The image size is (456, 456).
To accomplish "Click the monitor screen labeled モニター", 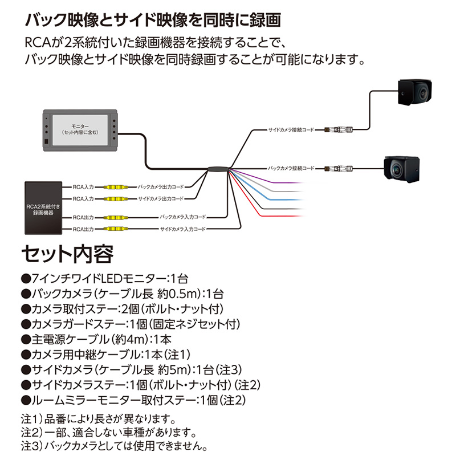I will point(80,131).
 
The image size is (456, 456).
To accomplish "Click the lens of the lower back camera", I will point(397,167).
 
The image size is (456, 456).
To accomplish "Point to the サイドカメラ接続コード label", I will point(291,131).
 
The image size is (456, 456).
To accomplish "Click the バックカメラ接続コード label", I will point(291,168).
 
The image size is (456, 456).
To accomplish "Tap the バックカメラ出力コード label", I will point(161,186).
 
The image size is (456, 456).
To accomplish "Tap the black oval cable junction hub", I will point(218,169).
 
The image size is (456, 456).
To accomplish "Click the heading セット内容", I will point(67,254).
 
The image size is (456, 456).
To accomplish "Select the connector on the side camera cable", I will point(339,130).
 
